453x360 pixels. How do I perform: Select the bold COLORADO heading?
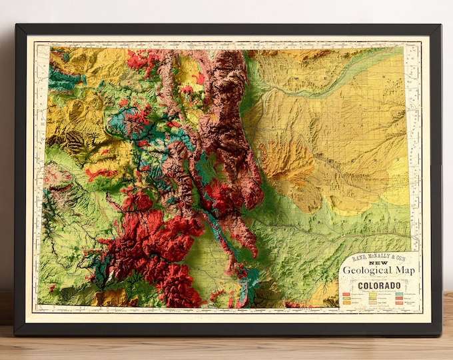coord(380,285)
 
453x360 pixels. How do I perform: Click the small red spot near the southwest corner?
coord(51,289)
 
